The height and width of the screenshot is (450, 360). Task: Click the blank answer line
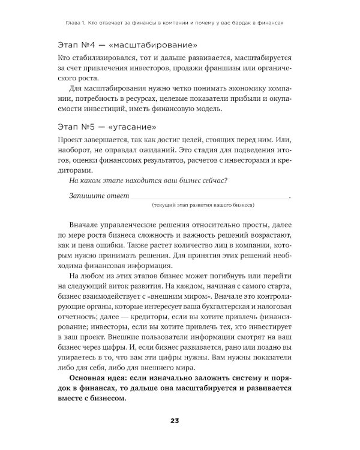209,197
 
